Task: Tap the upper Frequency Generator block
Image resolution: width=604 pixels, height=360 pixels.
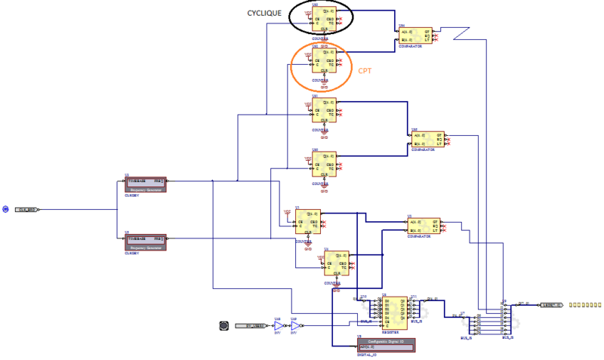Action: (x=145, y=185)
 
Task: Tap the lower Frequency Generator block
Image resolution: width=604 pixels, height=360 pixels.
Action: (x=145, y=241)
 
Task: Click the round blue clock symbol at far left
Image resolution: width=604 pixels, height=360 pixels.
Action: (x=5, y=209)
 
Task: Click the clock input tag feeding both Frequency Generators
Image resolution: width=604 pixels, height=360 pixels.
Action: (x=27, y=209)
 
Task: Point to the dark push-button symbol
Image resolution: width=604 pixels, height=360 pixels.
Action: (x=223, y=326)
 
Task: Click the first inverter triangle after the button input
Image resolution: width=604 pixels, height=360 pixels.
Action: (x=277, y=326)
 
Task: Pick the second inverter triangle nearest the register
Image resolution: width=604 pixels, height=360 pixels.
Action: (x=294, y=326)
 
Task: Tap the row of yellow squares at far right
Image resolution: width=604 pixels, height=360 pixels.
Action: (x=584, y=305)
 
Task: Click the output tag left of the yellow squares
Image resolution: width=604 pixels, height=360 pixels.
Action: (x=550, y=305)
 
